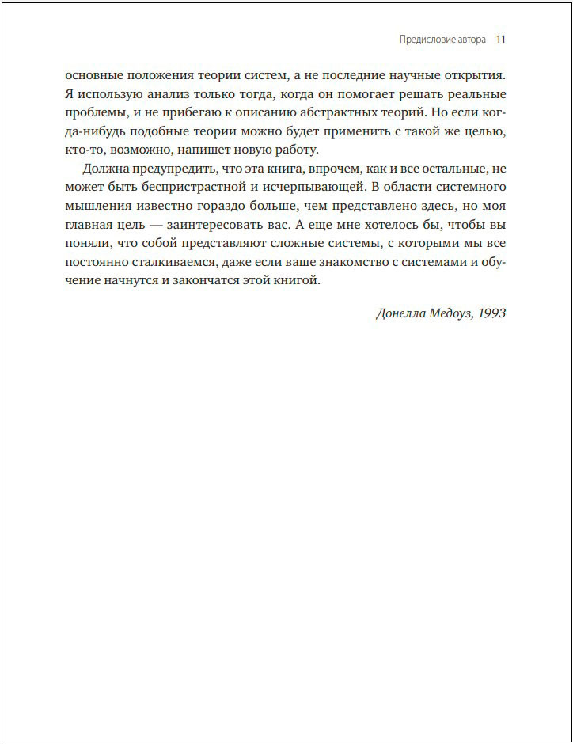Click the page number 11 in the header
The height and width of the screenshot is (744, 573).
coord(500,39)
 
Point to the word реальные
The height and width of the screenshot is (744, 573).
coord(472,94)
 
